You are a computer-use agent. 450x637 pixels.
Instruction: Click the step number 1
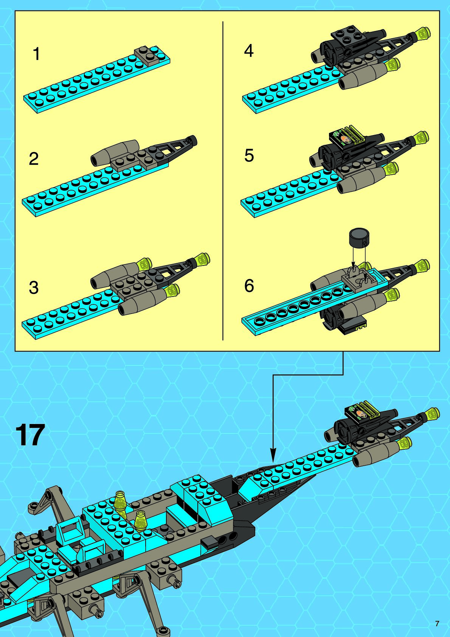pos(36,54)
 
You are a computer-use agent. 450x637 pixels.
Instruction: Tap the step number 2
pos(34,159)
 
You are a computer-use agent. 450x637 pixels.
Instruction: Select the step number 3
pos(34,288)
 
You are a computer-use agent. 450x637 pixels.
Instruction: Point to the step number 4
pos(248,51)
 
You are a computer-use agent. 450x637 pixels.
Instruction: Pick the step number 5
pos(249,155)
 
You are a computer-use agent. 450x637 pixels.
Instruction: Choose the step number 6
pos(249,286)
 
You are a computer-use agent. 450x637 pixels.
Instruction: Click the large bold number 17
pos(30,435)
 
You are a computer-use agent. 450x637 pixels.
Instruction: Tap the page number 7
pos(437,624)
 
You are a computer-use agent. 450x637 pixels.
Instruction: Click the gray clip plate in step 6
pos(357,280)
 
